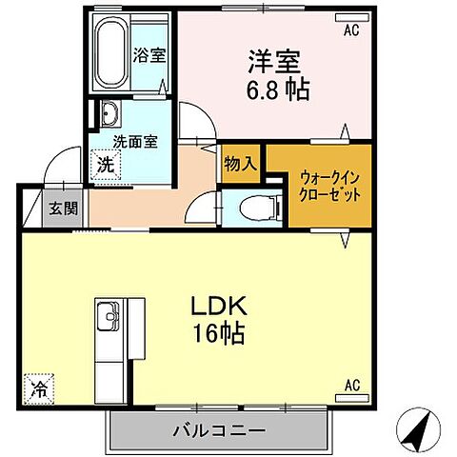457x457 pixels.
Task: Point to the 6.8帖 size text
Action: [x=274, y=90]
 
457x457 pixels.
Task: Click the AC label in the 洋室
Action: [x=351, y=30]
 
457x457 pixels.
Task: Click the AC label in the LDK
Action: [x=351, y=386]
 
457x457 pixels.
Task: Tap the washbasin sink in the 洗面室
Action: [x=108, y=116]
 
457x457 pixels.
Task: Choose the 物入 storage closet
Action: [x=241, y=163]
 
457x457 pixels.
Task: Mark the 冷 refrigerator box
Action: [x=39, y=389]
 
